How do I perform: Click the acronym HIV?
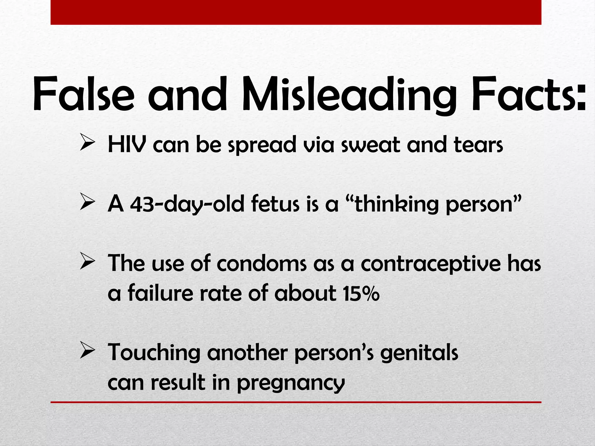click(126, 144)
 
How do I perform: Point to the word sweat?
click(371, 145)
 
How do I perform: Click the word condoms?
click(261, 264)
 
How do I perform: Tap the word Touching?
click(154, 353)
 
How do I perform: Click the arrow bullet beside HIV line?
click(87, 142)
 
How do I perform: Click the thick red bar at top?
click(296, 12)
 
